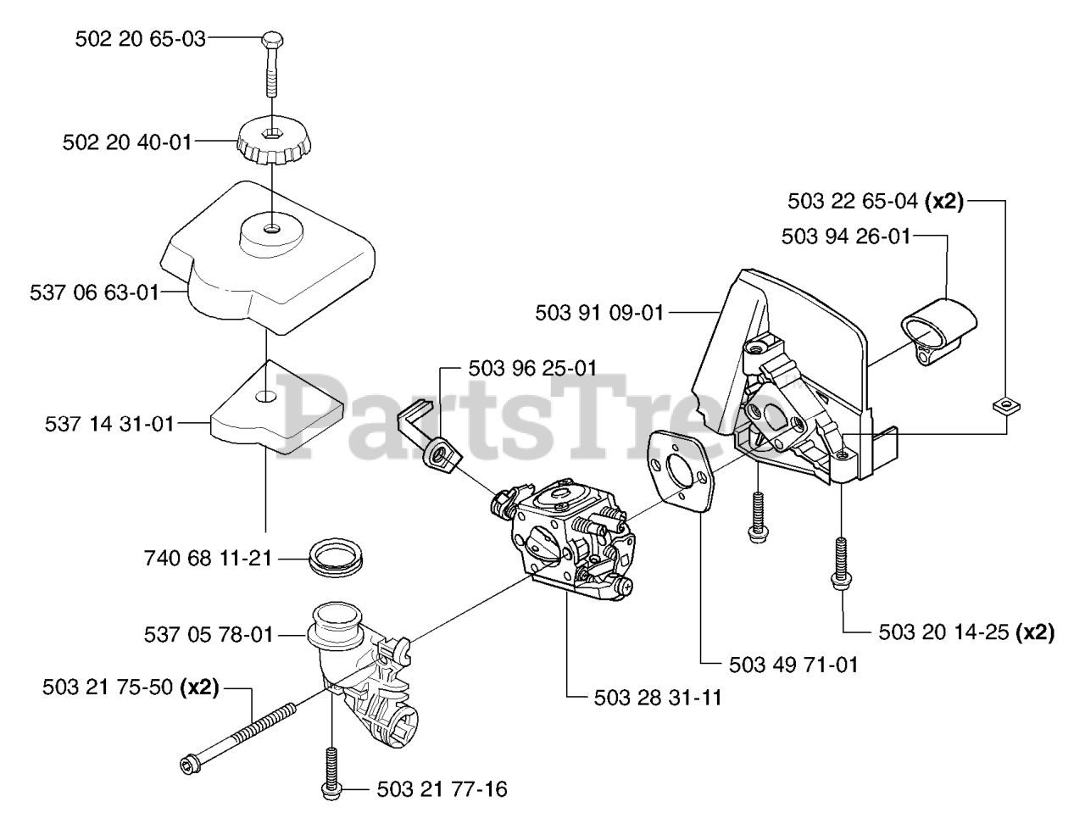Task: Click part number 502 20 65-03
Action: pos(141,38)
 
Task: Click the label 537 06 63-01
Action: pos(94,292)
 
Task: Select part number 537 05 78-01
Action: pos(209,633)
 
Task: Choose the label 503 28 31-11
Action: pos(646,697)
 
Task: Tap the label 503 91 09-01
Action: pos(599,313)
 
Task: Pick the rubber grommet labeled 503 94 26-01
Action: pos(938,329)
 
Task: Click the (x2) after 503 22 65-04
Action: pos(944,202)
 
